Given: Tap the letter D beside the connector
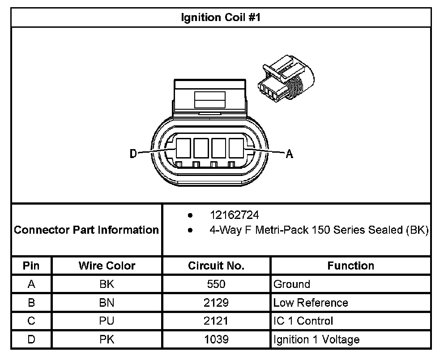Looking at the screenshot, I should pyautogui.click(x=133, y=154).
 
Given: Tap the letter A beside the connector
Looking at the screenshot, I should pyautogui.click(x=290, y=154).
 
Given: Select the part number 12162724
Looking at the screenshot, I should pyautogui.click(x=234, y=215).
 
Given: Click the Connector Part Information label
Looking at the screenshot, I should pyautogui.click(x=86, y=230).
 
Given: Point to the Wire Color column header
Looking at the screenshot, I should pyautogui.click(x=107, y=266).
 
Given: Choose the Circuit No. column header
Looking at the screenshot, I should pyautogui.click(x=216, y=266).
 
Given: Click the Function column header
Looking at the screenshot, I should pyautogui.click(x=350, y=266).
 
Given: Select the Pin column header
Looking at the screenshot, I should pyautogui.click(x=31, y=266).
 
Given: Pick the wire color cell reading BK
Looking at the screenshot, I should pyautogui.click(x=107, y=284).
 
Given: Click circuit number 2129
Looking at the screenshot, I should pyautogui.click(x=216, y=303).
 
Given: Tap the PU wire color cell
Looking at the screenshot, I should pyautogui.click(x=107, y=321).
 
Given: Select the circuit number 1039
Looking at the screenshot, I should pyautogui.click(x=216, y=339).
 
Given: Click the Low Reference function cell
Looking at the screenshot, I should pyautogui.click(x=310, y=303).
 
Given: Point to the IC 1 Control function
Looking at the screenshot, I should pyautogui.click(x=303, y=321).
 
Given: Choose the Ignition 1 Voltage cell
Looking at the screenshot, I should pyautogui.click(x=316, y=339).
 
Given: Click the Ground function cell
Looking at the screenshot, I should pyautogui.click(x=291, y=284).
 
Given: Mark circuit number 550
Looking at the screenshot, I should pyautogui.click(x=216, y=284).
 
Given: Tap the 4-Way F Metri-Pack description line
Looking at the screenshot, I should pyautogui.click(x=319, y=230).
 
